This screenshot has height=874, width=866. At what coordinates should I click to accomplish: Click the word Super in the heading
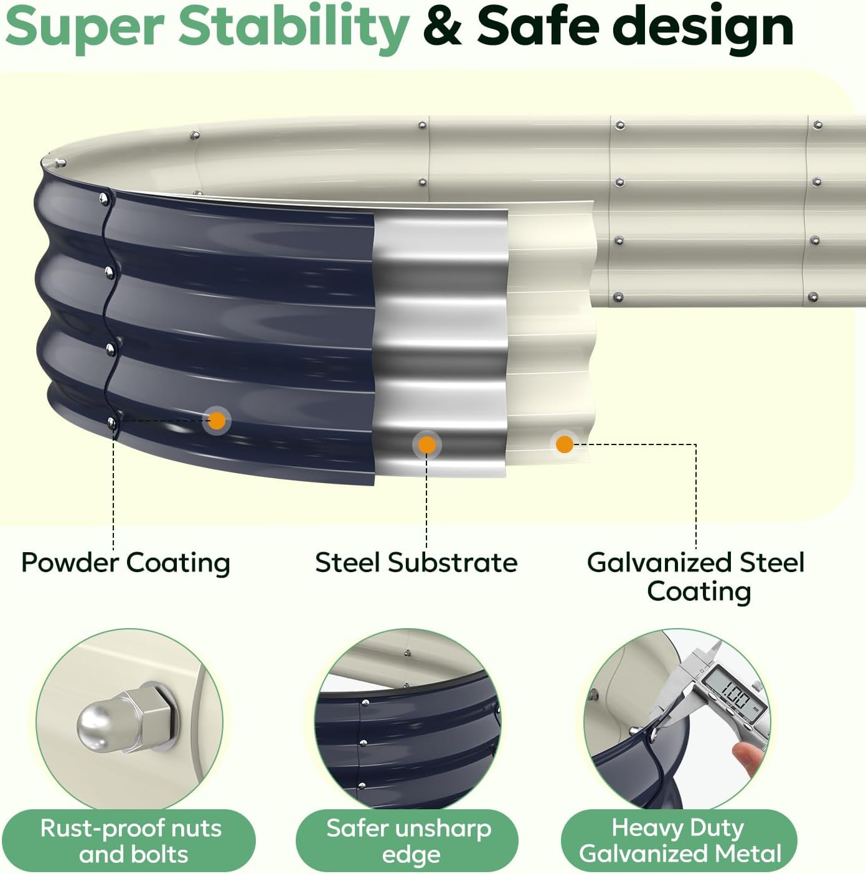(85, 28)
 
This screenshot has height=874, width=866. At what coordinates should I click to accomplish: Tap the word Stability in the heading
(294, 28)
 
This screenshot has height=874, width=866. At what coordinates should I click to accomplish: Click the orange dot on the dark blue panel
(217, 420)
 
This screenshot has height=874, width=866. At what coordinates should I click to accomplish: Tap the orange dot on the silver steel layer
(426, 445)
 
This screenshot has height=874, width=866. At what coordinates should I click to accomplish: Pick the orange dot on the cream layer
(564, 444)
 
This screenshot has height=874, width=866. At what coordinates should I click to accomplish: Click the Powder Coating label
(126, 563)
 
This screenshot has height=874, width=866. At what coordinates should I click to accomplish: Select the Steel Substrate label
(417, 563)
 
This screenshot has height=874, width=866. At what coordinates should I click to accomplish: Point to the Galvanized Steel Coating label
(696, 577)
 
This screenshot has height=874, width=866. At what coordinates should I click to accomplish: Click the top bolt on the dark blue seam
(104, 198)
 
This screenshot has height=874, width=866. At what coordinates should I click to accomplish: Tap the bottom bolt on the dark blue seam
(111, 423)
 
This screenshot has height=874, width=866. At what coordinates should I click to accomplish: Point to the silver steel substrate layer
(440, 345)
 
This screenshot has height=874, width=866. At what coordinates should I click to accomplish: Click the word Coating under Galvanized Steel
(699, 592)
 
